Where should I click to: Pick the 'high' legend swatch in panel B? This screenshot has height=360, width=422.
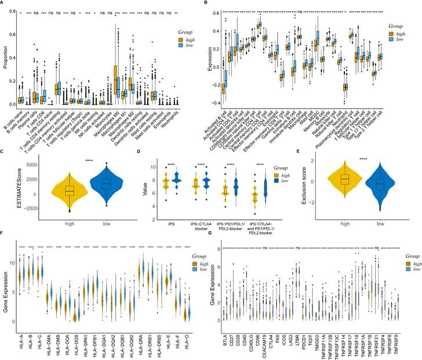(392, 35)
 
